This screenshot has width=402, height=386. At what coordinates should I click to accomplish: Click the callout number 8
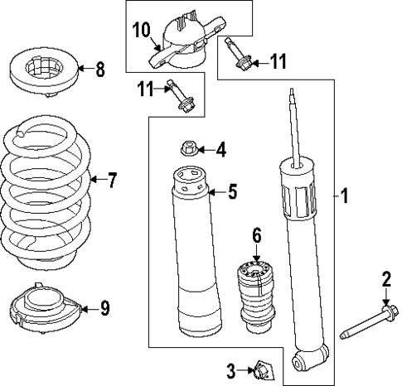(100, 70)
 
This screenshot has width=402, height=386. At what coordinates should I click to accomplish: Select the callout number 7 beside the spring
(114, 179)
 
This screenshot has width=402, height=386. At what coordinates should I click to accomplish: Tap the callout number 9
(104, 309)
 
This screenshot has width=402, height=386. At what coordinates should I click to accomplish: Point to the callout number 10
(141, 32)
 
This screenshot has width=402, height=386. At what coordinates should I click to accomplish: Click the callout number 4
(220, 150)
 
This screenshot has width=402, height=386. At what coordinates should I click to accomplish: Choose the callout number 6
(257, 236)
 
